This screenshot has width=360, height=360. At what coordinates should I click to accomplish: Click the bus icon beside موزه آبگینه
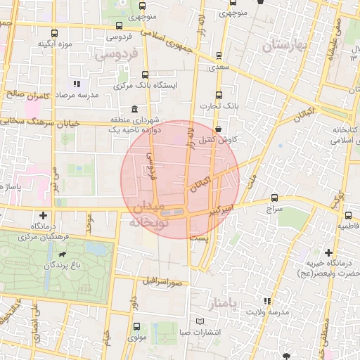(x=55, y=33)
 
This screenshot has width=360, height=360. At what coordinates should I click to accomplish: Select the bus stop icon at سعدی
(x=218, y=56)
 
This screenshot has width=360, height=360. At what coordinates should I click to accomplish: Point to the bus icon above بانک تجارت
(x=219, y=94)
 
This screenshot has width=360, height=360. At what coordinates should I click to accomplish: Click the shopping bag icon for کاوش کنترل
(x=221, y=129)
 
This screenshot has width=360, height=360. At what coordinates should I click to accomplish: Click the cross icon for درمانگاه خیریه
(x=328, y=252)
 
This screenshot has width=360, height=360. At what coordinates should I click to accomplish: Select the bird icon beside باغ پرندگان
(x=65, y=254)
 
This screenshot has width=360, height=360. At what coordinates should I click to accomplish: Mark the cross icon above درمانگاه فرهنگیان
(x=44, y=215)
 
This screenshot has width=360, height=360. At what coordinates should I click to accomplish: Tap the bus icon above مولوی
(x=137, y=326)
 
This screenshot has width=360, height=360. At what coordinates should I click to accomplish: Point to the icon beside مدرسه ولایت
(x=265, y=301)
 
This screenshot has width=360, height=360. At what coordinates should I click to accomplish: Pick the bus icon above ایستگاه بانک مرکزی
(x=146, y=74)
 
